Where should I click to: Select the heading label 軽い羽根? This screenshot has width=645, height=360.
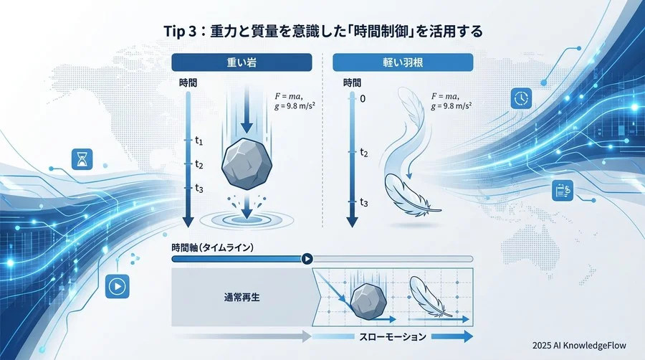[403, 62]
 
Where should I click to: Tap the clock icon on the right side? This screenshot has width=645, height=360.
[520, 98]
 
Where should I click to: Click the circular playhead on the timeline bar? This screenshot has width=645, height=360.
[307, 259]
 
